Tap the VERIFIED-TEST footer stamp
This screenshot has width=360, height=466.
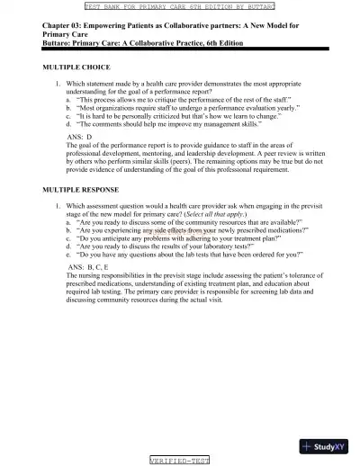pyautogui.click(x=179, y=460)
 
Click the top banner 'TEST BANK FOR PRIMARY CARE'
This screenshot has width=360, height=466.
pyautogui.click(x=179, y=5)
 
